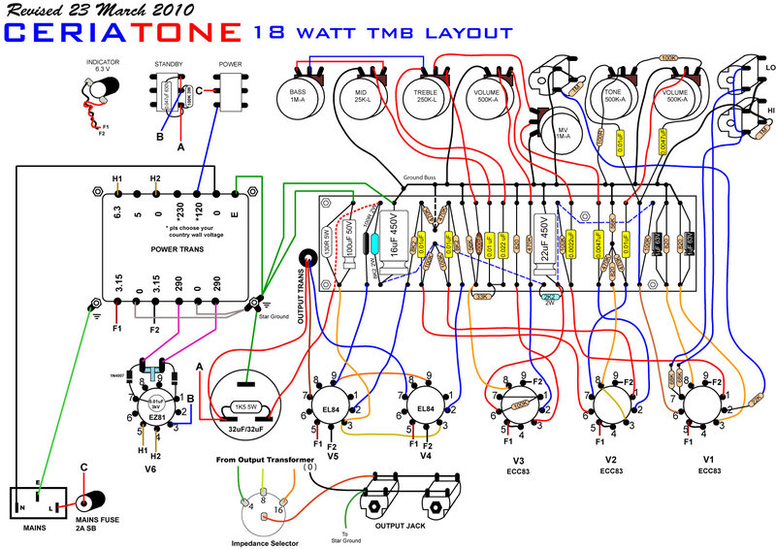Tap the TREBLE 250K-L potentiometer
coord(427,98)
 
